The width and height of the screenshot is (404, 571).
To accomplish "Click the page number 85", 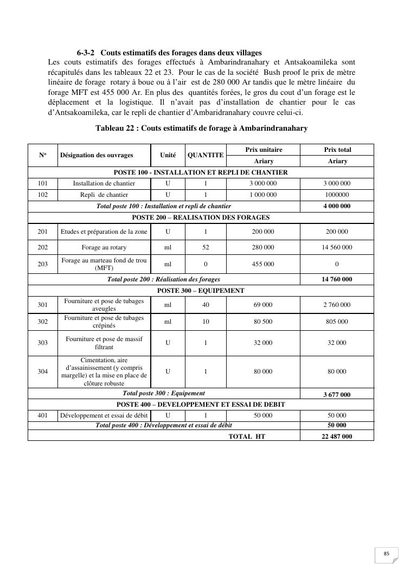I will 387,554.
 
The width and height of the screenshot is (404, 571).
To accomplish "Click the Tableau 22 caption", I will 201,128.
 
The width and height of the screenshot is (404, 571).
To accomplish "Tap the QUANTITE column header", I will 206,155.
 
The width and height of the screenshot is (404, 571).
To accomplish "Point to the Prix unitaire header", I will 264,150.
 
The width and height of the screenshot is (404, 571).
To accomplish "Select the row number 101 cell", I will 43,183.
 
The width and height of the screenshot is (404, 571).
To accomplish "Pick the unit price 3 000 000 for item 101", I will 263,183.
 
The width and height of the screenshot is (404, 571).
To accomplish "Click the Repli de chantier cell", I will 104,195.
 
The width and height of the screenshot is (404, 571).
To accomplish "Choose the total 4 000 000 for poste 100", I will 337,206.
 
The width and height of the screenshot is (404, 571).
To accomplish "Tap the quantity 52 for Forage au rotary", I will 206,247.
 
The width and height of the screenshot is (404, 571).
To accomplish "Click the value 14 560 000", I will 337,247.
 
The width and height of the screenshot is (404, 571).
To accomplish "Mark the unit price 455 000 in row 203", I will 263,264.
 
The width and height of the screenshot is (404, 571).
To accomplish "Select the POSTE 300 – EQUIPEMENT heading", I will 201,291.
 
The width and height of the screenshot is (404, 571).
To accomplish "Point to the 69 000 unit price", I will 263,305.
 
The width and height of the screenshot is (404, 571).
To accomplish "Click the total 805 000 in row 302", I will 337,322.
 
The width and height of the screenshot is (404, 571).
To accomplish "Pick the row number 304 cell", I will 43,371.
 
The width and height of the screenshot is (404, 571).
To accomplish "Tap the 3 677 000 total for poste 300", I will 337,394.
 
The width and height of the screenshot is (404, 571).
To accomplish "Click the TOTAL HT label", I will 247,436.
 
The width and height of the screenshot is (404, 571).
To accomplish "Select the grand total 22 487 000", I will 337,436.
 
